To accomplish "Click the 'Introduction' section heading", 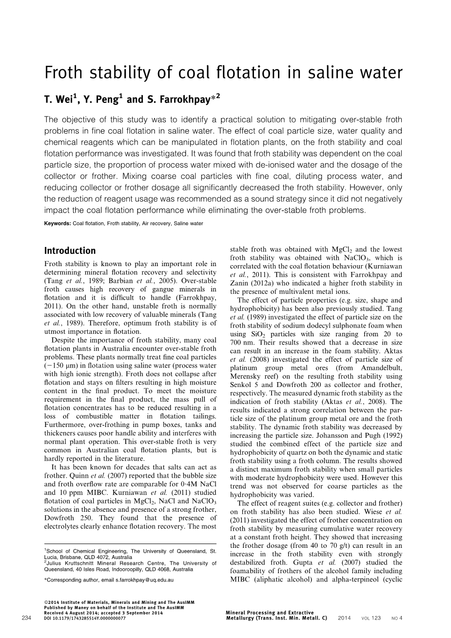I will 70,251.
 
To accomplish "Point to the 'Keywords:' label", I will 57,223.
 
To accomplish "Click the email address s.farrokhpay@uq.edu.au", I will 144,580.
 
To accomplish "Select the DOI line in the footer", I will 84,618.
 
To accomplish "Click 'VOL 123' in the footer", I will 371,618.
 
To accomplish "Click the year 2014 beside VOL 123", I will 344,618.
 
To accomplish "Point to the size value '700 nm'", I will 240,342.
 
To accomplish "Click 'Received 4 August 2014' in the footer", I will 71,613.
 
